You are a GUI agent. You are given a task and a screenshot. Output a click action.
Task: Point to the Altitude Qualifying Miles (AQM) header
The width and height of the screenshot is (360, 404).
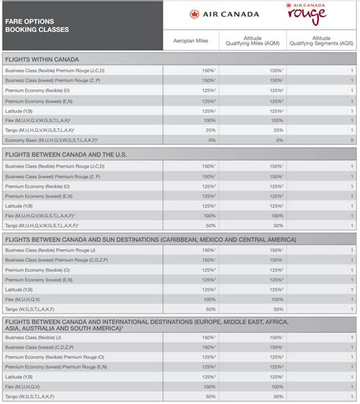pyautogui.click(x=252, y=40)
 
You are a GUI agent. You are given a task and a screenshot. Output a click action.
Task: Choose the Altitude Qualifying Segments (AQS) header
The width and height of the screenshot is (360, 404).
pyautogui.click(x=321, y=40)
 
